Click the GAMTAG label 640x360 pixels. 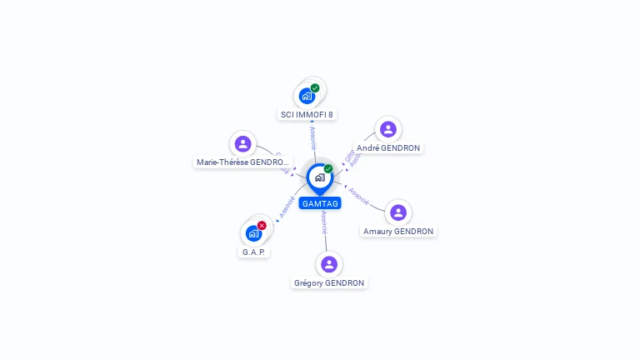[320, 203]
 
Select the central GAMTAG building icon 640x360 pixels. [319, 177]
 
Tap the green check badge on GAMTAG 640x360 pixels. [328, 169]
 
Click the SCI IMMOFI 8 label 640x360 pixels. [307, 114]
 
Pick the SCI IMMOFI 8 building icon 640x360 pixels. [307, 96]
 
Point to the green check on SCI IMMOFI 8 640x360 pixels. [315, 87]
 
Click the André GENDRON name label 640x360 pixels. [388, 147]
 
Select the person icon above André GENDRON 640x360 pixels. [387, 129]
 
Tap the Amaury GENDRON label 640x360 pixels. [398, 231]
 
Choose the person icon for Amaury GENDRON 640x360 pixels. [398, 212]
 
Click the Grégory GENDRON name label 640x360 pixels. [329, 282]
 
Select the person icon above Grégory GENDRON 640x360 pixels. [329, 264]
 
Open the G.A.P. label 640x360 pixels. [254, 251]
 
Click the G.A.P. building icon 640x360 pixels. [253, 233]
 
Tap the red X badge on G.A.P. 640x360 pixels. [262, 225]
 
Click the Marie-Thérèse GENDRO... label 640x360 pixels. [243, 162]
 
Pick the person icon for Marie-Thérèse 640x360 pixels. [242, 143]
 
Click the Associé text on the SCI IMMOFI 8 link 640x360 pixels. [312, 138]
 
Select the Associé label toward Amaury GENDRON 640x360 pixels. [359, 197]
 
